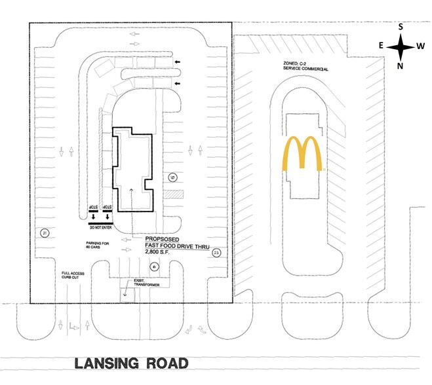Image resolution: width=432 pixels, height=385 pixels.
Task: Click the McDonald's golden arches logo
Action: pyautogui.click(x=303, y=154)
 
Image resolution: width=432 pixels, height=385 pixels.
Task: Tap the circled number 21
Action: pyautogui.click(x=44, y=233)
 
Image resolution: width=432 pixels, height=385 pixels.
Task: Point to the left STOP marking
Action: pyautogui.click(x=93, y=210)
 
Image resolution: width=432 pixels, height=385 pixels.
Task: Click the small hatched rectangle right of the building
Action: pyautogui.click(x=172, y=194)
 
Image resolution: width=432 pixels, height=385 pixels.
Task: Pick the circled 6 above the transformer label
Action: pyautogui.click(x=154, y=266)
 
